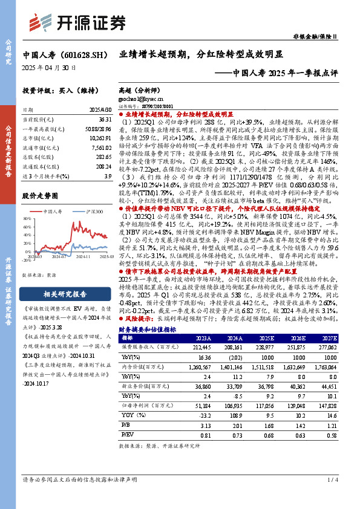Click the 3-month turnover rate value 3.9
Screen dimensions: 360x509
tap(107, 175)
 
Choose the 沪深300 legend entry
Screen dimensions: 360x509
tap(91, 210)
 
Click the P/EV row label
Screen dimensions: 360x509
tap(126, 434)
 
